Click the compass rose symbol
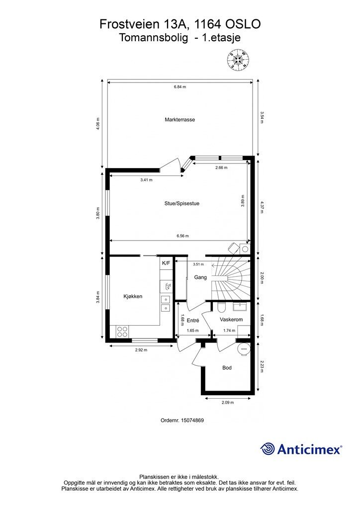coord(239,60)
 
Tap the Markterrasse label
coord(180,119)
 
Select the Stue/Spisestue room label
coord(182,203)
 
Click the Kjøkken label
coord(133,296)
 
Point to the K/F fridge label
coord(166,263)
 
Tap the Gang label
coord(200,277)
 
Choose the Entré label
coord(193,321)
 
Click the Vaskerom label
coord(231,320)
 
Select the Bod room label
coord(227,368)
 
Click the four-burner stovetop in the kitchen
coord(122,332)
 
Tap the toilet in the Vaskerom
coord(221,306)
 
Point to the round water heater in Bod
coord(244,349)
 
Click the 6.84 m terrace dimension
coord(180,86)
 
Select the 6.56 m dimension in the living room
coord(182,236)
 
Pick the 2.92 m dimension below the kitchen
coord(141,350)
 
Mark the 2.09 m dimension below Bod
coord(228,403)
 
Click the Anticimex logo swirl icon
coord(268,449)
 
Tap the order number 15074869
coord(191,421)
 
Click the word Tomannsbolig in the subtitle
coord(154,38)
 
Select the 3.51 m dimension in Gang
coord(198,264)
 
